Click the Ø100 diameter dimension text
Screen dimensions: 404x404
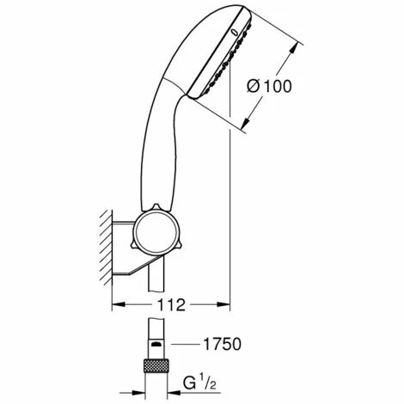[269, 86]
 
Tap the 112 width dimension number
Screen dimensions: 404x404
[171, 305]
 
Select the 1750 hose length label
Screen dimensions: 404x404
[222, 344]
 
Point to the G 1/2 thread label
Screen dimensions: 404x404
[200, 383]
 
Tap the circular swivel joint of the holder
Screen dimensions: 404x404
[156, 232]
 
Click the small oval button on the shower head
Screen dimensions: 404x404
[234, 33]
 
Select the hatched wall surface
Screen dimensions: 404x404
[106, 248]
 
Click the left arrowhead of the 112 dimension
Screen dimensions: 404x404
[119, 304]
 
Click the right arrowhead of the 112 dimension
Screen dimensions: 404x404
[223, 304]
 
